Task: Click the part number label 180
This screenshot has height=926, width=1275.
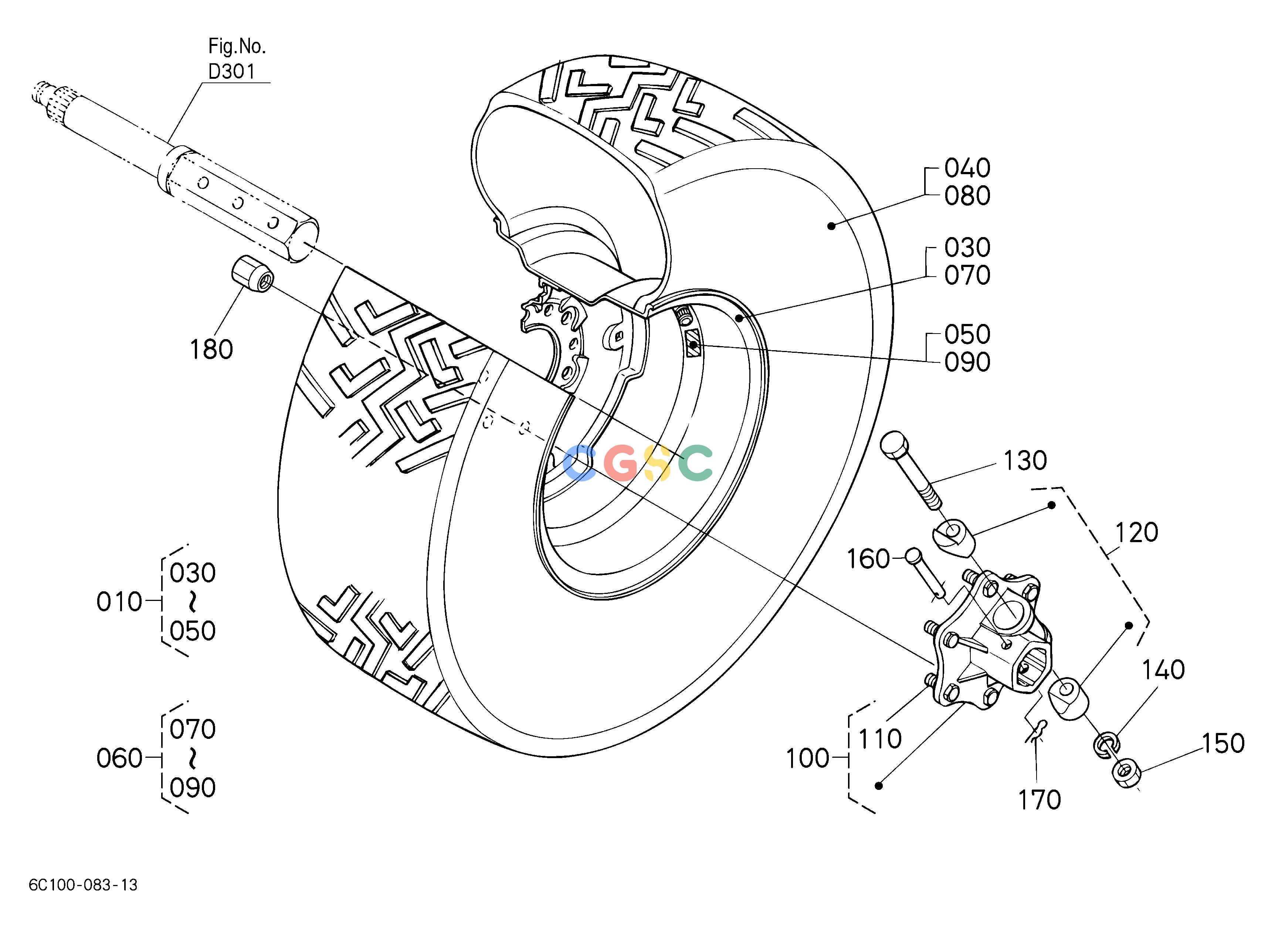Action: coord(211,350)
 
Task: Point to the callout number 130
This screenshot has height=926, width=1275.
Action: coord(1025,460)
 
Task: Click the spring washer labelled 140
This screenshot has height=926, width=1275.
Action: coord(1106,746)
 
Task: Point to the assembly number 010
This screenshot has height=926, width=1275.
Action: coord(119,602)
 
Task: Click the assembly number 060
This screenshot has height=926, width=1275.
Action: coord(119,758)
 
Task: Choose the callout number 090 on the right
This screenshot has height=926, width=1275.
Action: coord(967,363)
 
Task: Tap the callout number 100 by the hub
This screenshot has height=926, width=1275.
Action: coord(808,759)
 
